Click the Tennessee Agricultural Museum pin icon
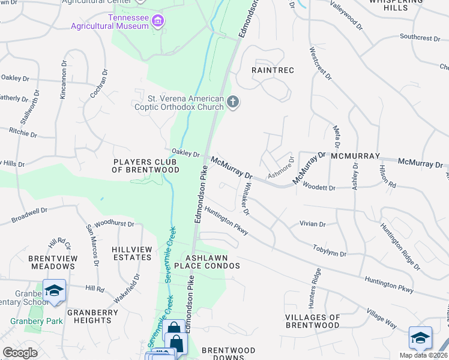coord(158,22)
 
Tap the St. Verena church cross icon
coord(234,103)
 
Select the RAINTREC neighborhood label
coord(273,70)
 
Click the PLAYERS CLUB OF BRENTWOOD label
coord(146,166)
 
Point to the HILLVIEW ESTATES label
coord(132,253)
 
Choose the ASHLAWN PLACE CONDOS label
coord(207,261)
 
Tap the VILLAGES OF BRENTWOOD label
coord(313,321)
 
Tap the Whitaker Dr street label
coord(246,199)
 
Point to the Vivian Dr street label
coord(312,224)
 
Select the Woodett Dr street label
coord(319,187)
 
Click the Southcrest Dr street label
coord(420,37)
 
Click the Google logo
coord(20,353)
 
